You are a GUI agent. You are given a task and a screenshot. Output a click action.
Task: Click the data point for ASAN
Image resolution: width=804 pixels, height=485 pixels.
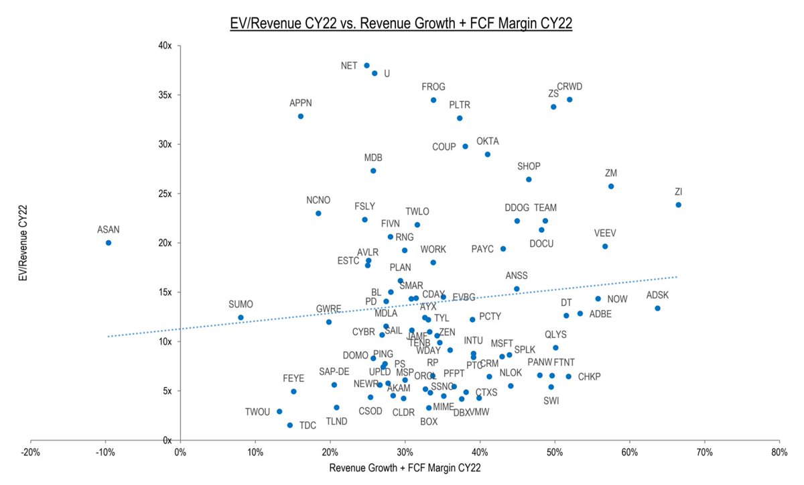pos(109,243)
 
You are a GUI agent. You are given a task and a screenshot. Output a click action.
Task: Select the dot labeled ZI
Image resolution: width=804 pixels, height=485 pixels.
pos(678,205)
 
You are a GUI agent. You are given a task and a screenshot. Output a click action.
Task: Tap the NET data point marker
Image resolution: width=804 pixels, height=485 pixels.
pos(366,66)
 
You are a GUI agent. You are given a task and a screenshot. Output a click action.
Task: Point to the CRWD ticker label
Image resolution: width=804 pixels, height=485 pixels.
pos(569,87)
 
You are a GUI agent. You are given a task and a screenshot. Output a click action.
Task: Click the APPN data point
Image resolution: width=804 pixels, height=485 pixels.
pos(301,116)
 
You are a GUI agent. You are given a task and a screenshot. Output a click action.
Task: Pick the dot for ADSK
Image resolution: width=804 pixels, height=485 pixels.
pos(657,309)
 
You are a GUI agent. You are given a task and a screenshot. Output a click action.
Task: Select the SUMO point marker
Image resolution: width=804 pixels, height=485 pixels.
pos(241,317)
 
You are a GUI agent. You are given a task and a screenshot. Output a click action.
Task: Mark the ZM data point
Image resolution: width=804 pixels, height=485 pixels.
pos(610,186)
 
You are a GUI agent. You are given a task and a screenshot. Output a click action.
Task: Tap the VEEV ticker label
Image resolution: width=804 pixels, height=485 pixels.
pos(604,233)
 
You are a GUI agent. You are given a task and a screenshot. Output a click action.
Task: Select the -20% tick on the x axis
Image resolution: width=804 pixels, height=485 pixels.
pos(30,452)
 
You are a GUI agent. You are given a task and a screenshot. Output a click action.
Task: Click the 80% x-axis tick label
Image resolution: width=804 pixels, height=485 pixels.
pos(779,452)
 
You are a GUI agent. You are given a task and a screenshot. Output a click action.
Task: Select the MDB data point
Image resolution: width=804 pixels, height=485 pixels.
pos(373,170)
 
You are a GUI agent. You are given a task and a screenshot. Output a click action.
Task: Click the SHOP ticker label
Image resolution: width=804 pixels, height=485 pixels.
pos(529,166)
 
